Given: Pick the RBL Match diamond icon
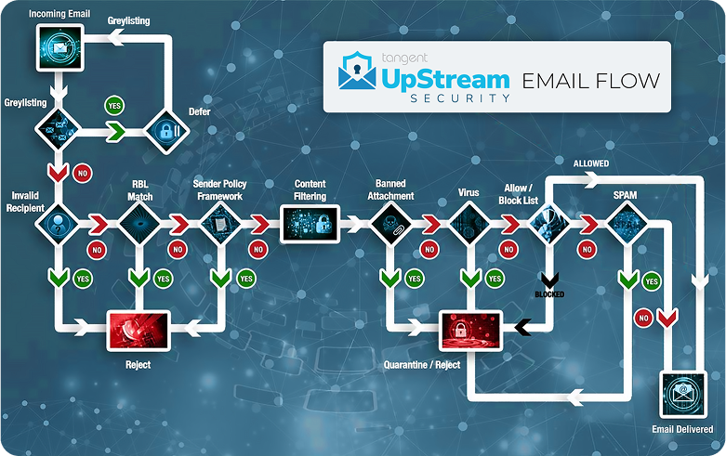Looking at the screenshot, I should click(x=139, y=223).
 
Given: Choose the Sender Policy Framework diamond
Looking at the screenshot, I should click(x=220, y=223).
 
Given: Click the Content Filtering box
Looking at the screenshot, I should click(x=309, y=223).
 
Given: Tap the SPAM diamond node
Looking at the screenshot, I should click(x=629, y=223).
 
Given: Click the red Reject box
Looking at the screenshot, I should click(x=139, y=328).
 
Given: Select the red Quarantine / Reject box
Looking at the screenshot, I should click(x=469, y=328).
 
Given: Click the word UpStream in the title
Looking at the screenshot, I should click(x=445, y=78).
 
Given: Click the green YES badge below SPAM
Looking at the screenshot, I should click(x=652, y=280).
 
